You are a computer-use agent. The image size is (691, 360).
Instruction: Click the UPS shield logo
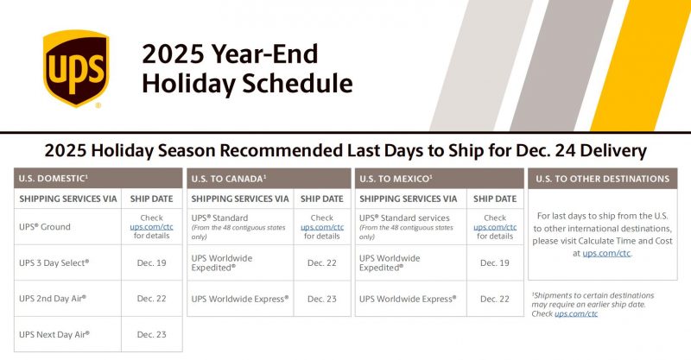(75, 68)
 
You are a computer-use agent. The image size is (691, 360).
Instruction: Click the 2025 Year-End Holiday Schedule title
(247, 68)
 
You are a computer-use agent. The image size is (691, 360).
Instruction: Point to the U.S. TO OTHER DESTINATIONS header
(602, 179)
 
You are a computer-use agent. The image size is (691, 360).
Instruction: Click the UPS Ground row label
(45, 227)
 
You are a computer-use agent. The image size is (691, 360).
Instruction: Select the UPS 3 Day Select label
(54, 262)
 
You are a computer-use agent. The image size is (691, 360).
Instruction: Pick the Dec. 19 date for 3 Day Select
(152, 262)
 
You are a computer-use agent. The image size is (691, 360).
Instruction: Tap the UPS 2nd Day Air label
(53, 298)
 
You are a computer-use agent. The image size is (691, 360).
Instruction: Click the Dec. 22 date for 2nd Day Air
(152, 298)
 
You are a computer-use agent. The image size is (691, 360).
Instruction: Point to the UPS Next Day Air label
(54, 333)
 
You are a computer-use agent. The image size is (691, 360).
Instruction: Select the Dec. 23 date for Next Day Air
(152, 333)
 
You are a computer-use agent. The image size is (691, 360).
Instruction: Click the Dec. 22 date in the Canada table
(322, 262)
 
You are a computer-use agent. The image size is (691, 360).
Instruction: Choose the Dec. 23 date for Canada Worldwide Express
(322, 299)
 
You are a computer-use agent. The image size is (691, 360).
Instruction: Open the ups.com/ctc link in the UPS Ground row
(152, 227)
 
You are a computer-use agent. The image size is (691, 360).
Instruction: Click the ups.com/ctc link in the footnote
(576, 313)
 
